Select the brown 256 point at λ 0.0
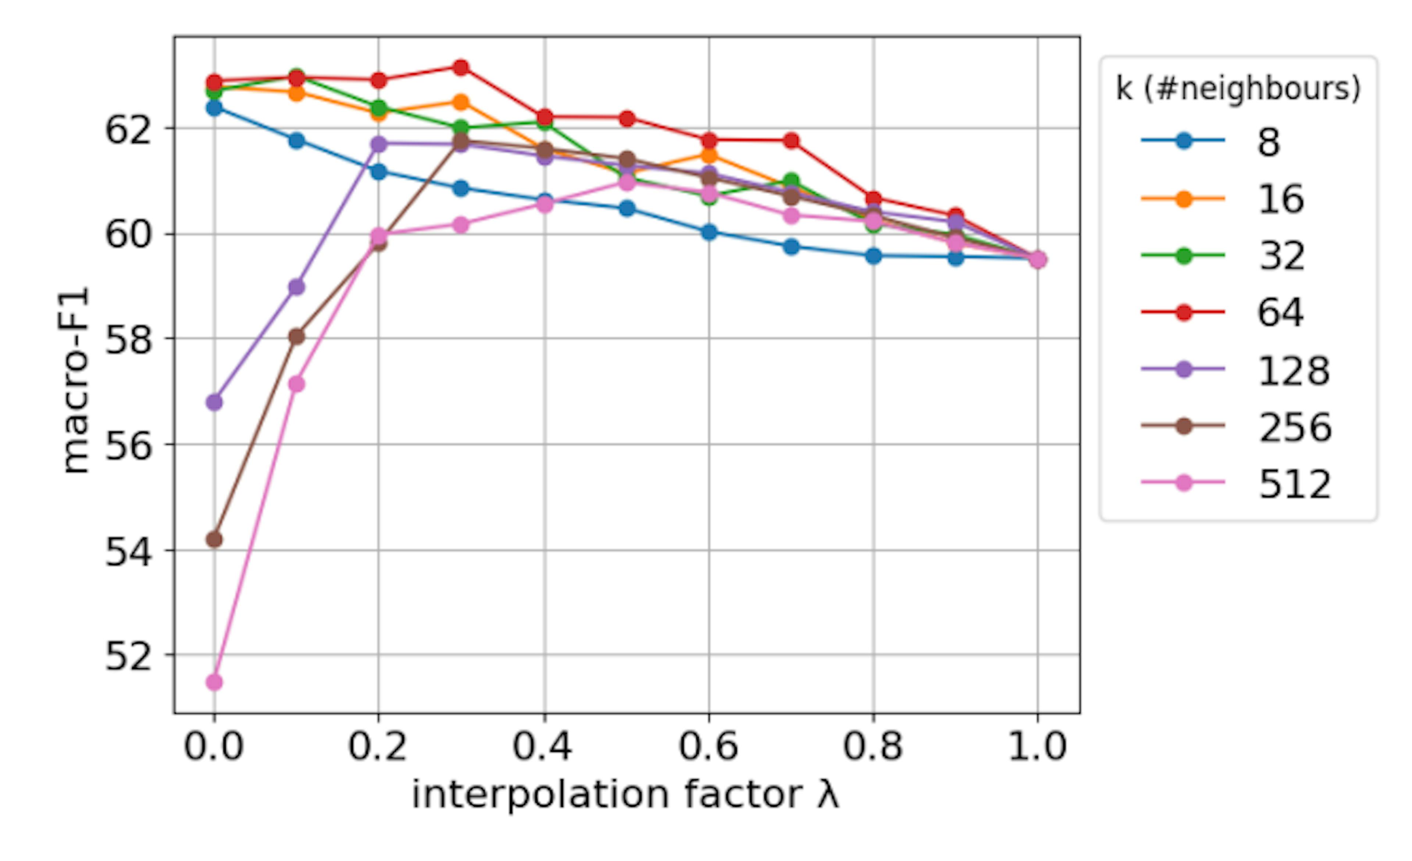pos(214,540)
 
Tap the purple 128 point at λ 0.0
pos(214,402)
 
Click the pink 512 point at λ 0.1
pos(296,384)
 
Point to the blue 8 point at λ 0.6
pos(709,232)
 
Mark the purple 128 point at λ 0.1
pos(296,287)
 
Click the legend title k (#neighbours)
pos(1238,89)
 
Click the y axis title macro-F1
pos(76,380)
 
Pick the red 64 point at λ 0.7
pos(791,141)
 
